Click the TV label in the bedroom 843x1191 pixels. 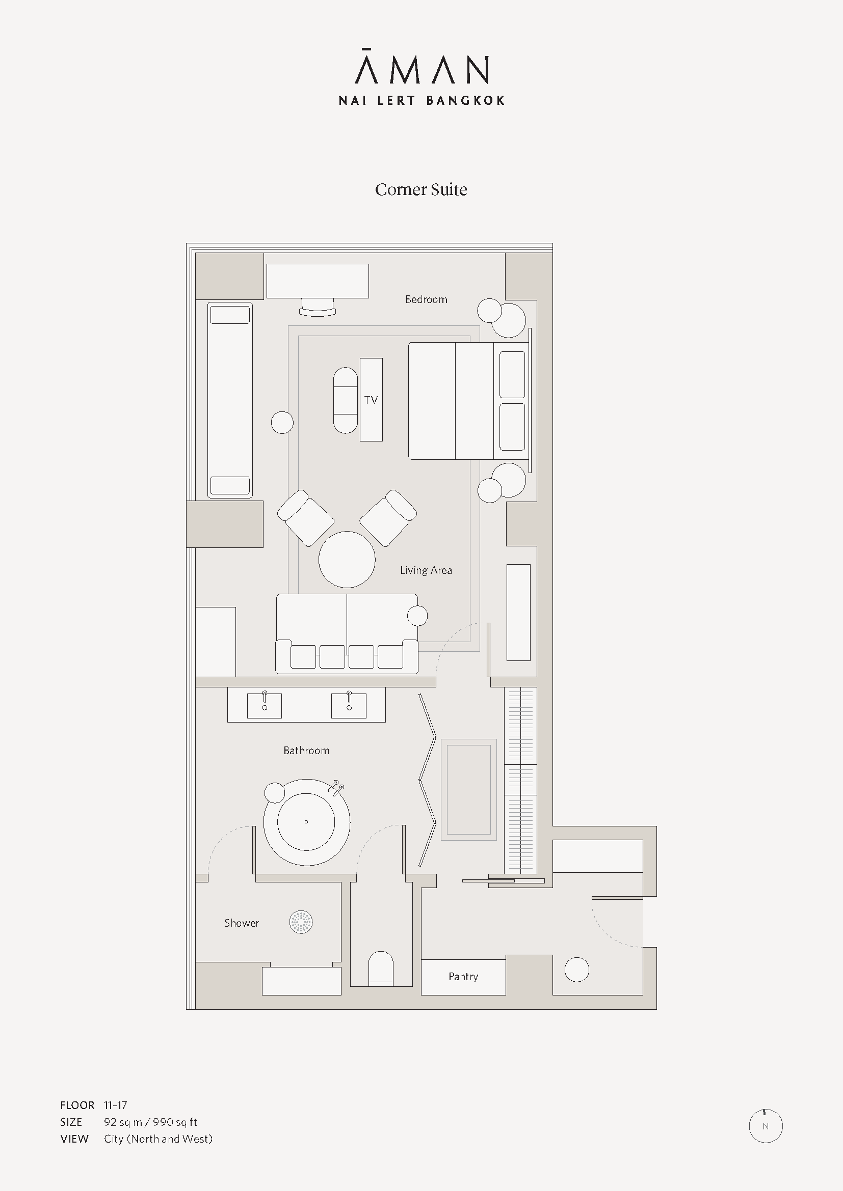click(x=371, y=399)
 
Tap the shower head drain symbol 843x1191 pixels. click(x=301, y=922)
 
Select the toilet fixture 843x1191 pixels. click(x=381, y=968)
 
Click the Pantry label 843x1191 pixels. click(x=463, y=977)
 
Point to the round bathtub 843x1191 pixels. click(x=306, y=822)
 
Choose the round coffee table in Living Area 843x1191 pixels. click(x=347, y=559)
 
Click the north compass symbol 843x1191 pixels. click(x=766, y=1126)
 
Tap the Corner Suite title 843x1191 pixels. click(x=421, y=189)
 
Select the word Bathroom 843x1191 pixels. click(x=306, y=750)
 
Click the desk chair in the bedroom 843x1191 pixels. click(x=317, y=307)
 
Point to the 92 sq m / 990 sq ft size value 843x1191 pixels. click(x=150, y=1122)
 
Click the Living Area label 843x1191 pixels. click(x=426, y=570)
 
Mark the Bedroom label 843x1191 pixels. click(x=426, y=299)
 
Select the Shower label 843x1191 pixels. click(x=242, y=923)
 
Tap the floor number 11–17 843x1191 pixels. click(x=115, y=1105)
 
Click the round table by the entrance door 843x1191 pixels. click(x=577, y=970)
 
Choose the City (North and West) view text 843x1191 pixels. click(x=159, y=1139)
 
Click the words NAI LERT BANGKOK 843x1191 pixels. click(x=422, y=100)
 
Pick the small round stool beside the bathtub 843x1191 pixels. click(x=275, y=793)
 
